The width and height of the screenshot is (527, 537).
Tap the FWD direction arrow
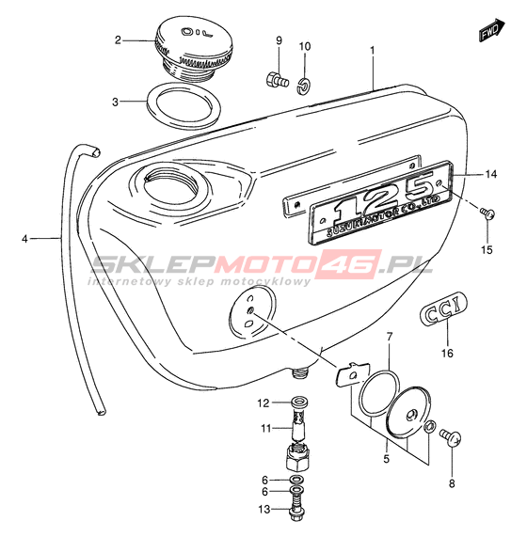click(491, 31)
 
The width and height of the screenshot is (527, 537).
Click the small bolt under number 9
click(277, 80)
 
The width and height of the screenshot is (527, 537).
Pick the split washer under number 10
click(303, 86)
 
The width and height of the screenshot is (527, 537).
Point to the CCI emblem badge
click(443, 308)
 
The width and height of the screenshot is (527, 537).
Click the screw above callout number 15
click(487, 213)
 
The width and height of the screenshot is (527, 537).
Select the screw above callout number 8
click(451, 437)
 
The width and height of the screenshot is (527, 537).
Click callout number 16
click(447, 353)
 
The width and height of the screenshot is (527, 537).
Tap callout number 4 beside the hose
click(24, 238)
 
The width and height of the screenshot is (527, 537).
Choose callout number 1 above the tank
click(373, 51)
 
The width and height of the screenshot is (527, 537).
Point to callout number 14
click(491, 174)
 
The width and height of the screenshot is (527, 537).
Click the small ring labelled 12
click(299, 401)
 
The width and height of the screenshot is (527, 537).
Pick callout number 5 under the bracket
click(387, 459)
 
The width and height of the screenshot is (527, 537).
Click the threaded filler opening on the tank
click(171, 188)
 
